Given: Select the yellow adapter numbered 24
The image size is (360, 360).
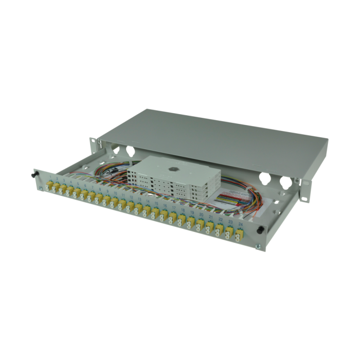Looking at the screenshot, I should (240, 236).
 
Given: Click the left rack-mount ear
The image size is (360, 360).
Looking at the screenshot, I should (93, 143).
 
